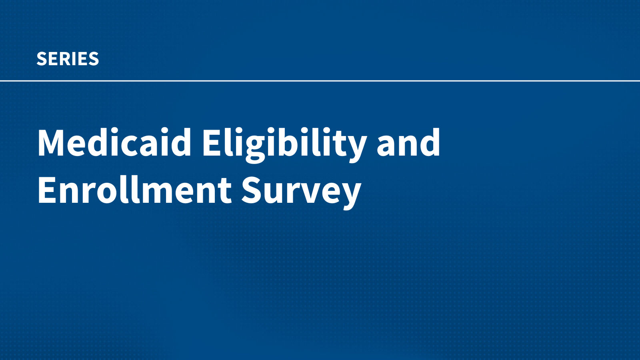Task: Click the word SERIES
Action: [x=68, y=59]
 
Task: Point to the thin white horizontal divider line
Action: [x=320, y=81]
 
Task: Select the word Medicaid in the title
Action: [x=114, y=142]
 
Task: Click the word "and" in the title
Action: [x=408, y=142]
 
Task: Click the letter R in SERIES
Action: [x=68, y=59]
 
